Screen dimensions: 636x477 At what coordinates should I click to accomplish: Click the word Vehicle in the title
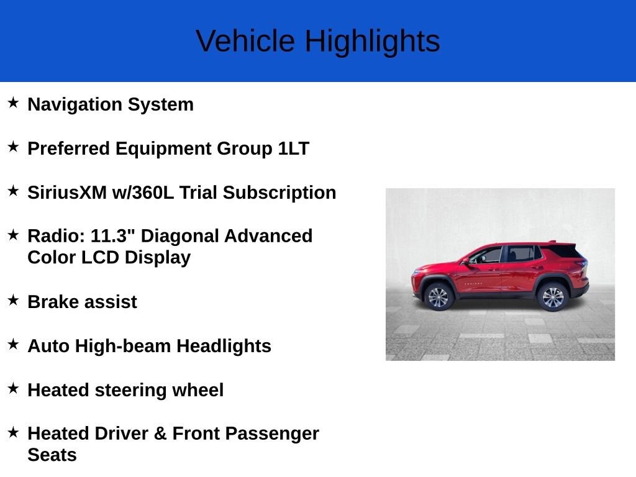coord(245,41)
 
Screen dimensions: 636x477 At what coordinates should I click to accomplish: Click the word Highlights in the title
coord(373,42)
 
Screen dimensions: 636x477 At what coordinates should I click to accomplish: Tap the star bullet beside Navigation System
coord(13,102)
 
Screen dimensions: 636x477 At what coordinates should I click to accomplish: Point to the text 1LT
coord(294,148)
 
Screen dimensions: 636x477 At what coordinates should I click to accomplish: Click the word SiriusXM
coord(67,193)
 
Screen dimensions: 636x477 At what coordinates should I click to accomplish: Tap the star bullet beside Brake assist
coord(13,300)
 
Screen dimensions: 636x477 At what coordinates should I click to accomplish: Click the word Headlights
coord(224,346)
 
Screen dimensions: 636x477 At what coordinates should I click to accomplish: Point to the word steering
coord(130,391)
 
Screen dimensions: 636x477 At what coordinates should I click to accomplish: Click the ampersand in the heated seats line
coord(160,434)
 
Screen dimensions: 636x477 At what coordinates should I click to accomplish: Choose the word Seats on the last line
coord(52,455)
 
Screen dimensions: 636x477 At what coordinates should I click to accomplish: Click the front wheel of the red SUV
coord(438,297)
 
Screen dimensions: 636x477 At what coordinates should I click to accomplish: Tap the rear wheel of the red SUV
coord(552,297)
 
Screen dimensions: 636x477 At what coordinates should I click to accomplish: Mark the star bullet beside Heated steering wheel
coord(13,388)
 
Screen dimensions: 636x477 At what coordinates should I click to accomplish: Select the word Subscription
coord(279,193)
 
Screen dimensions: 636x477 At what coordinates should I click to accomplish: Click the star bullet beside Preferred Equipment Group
coord(13,147)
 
